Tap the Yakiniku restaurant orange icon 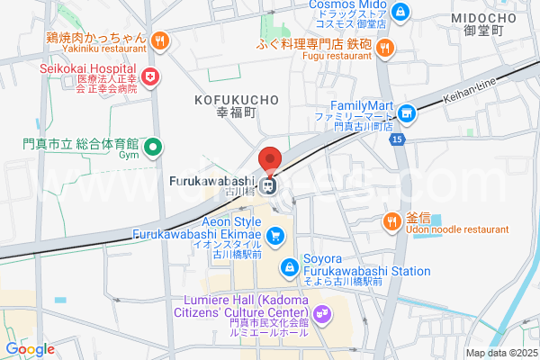[x=159, y=39]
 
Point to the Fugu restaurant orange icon [x=384, y=48]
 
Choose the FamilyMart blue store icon [x=407, y=112]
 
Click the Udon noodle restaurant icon [x=392, y=221]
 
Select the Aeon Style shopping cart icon [x=276, y=236]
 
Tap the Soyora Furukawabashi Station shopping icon [x=289, y=266]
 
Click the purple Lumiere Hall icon [x=323, y=313]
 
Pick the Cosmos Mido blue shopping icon [x=400, y=13]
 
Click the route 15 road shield [x=399, y=139]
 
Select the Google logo [x=30, y=349]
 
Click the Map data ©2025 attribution [x=500, y=353]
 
